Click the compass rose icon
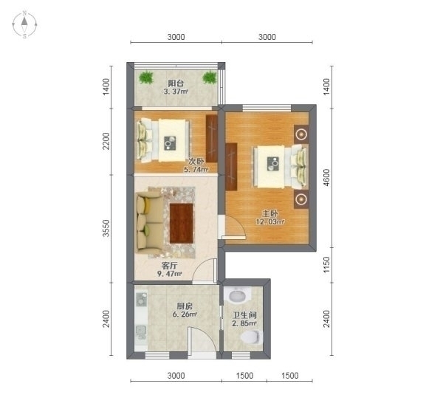click(24, 24)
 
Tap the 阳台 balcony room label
click(176, 83)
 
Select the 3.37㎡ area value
click(176, 92)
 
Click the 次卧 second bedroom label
click(196, 162)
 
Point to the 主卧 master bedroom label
click(270, 213)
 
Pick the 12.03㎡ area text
click(270, 221)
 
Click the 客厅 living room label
click(170, 266)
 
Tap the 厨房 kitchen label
click(185, 306)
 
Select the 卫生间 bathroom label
click(244, 315)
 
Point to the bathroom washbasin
click(237, 295)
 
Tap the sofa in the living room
click(149, 222)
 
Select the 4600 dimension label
click(326, 177)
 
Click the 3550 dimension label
click(106, 228)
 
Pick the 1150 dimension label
click(326, 265)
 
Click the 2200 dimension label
click(106, 141)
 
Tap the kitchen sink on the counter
click(141, 332)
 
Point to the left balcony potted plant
click(146, 77)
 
